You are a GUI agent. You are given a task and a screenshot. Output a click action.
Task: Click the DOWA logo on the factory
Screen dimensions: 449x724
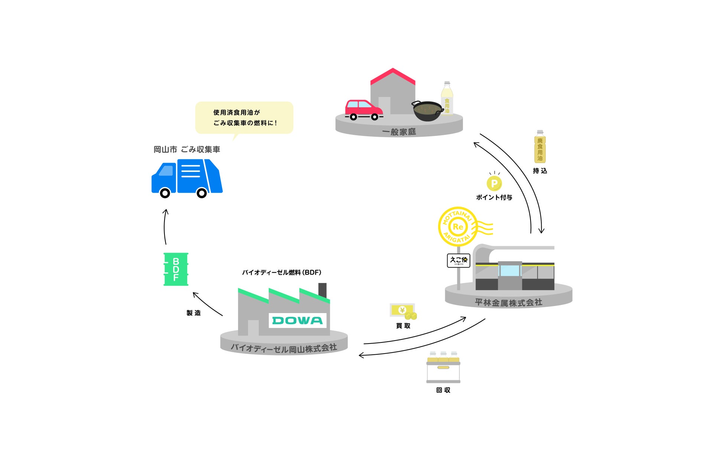click(x=297, y=321)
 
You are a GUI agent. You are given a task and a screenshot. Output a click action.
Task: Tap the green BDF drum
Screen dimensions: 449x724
click(x=176, y=269)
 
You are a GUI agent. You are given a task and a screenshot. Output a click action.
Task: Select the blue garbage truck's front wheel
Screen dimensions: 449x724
click(x=165, y=193)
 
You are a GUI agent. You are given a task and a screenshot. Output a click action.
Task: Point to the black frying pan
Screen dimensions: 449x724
click(x=427, y=111)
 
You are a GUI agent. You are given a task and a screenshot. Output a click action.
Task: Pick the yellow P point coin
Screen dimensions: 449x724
click(x=494, y=183)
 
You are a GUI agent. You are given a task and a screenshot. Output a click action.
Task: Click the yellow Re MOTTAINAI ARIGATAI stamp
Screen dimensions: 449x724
click(x=458, y=227)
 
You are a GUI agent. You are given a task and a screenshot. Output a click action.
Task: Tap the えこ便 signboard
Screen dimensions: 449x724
click(x=459, y=260)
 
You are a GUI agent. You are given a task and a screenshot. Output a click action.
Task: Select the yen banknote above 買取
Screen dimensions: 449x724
click(x=402, y=310)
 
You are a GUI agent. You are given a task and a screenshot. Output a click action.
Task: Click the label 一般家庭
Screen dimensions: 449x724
click(x=399, y=132)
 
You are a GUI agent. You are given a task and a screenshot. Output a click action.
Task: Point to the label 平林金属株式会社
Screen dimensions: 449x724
click(x=508, y=303)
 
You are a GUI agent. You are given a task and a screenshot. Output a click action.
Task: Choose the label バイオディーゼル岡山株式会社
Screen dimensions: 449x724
click(x=284, y=348)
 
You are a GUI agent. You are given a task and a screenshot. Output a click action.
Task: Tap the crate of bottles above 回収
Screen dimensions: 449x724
click(x=443, y=367)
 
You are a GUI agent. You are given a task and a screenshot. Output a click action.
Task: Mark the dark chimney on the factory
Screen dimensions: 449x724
click(x=322, y=290)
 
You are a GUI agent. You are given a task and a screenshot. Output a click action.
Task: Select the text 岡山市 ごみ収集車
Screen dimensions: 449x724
click(x=187, y=150)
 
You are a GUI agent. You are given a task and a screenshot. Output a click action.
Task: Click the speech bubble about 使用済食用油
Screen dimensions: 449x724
click(x=244, y=117)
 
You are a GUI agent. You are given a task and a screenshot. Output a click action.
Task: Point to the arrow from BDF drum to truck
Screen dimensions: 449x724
click(x=165, y=227)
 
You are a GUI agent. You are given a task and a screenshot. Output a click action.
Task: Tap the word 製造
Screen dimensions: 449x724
click(x=193, y=313)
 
